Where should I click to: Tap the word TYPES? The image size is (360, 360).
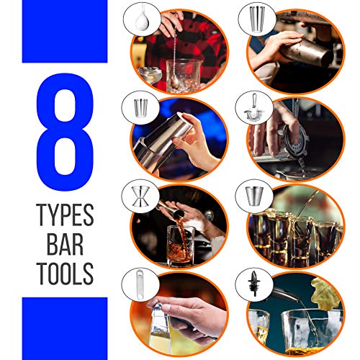click(65, 215)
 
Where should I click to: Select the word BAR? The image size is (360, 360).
click(65, 244)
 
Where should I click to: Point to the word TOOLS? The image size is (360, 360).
click(65, 274)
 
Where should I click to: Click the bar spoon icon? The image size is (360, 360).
click(142, 17)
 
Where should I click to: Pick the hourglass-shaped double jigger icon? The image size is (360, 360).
click(140, 197)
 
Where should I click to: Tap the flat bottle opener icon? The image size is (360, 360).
click(140, 284)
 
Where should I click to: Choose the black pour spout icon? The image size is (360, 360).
click(253, 283)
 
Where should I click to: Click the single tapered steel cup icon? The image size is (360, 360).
click(254, 196)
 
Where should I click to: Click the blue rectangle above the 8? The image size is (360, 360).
click(65, 32)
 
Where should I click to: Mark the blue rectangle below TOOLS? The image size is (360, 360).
click(65, 328)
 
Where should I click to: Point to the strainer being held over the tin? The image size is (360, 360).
click(297, 140)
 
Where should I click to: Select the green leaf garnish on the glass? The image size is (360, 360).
click(325, 294)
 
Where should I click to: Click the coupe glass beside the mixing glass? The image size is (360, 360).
click(149, 75)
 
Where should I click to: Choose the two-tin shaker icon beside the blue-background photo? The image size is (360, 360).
click(140, 107)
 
